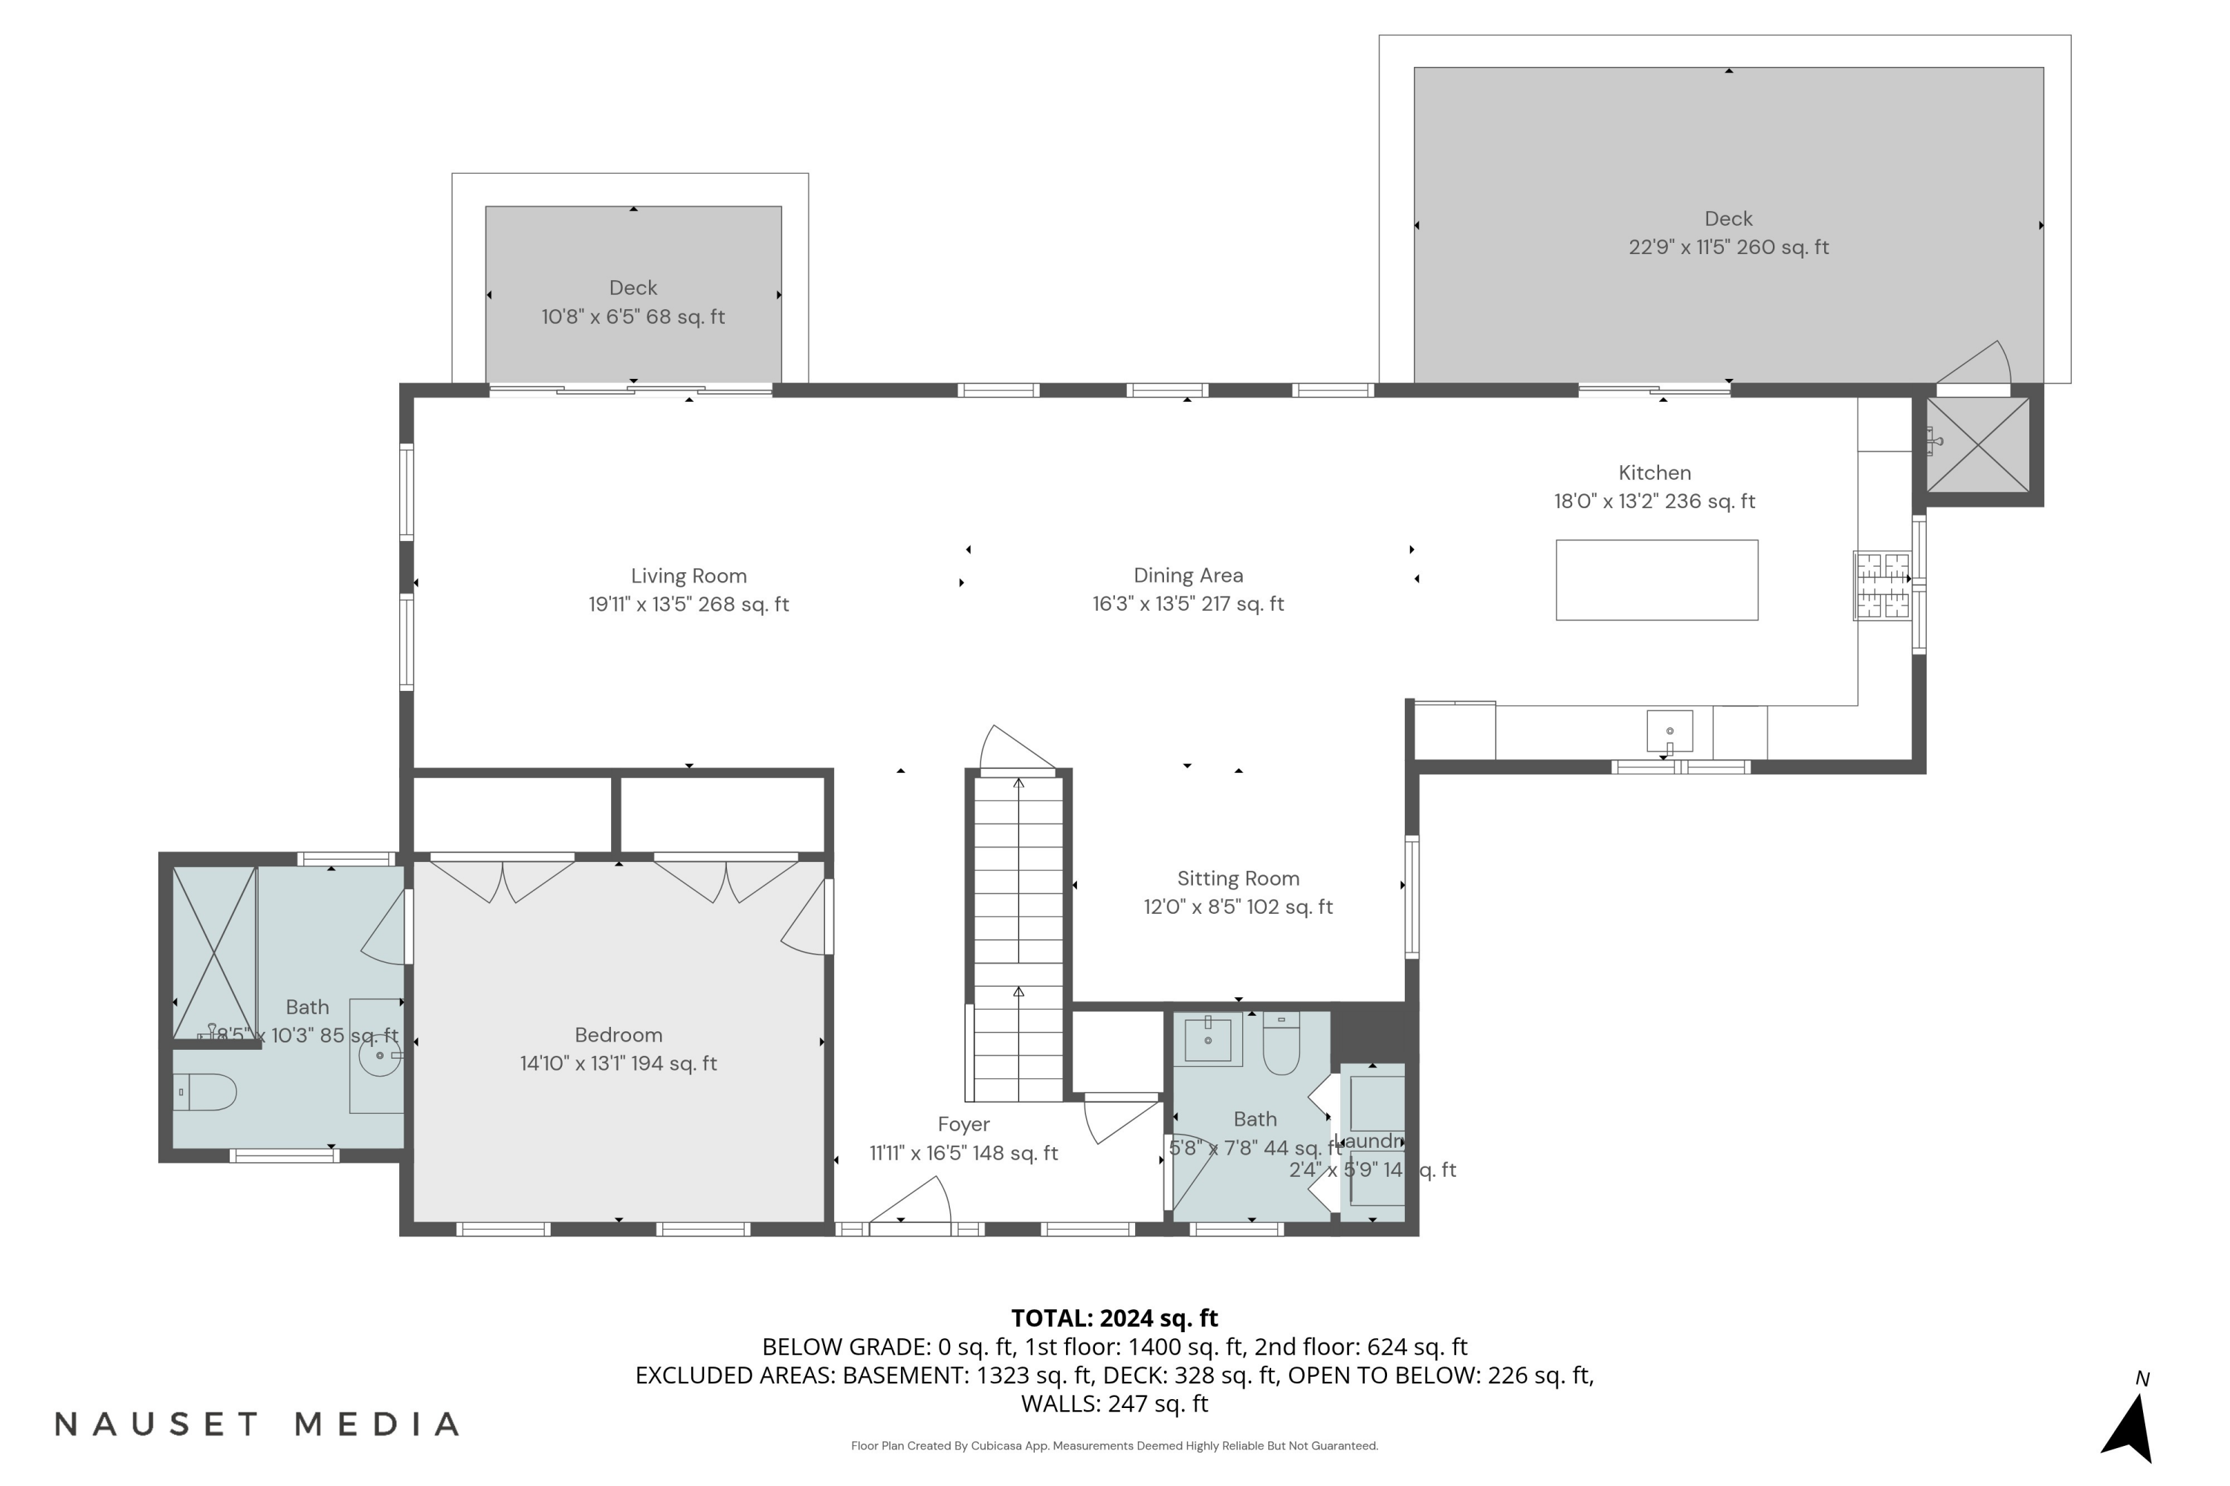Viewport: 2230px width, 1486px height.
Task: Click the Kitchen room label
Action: click(1655, 473)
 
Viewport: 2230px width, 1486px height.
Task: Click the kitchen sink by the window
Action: click(1670, 730)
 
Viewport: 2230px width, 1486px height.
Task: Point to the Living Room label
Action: click(689, 577)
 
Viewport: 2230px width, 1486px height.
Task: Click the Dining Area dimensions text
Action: click(1188, 603)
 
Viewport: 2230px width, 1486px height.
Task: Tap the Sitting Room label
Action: click(1238, 878)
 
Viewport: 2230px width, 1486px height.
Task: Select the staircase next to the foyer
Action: click(1019, 938)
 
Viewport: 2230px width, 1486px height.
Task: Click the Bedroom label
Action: click(618, 1035)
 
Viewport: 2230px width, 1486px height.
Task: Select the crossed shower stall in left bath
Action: click(214, 953)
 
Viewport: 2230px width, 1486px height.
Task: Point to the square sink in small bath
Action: click(1208, 1039)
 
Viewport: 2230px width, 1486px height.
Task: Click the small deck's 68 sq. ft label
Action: click(633, 317)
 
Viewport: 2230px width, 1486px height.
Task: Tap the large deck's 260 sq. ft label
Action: click(1728, 247)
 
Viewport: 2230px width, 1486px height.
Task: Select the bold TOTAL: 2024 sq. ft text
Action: click(1114, 1318)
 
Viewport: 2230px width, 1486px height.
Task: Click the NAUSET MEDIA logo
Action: click(257, 1424)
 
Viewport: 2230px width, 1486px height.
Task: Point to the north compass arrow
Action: click(2129, 1428)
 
